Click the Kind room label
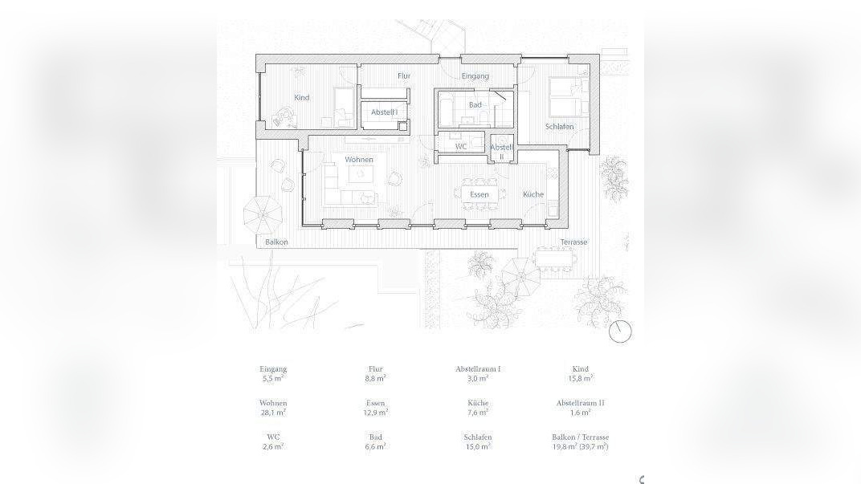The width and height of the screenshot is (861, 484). (x=301, y=98)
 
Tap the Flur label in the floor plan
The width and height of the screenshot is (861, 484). (x=404, y=75)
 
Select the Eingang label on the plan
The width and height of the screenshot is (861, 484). (x=475, y=76)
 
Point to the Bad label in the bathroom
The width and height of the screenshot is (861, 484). (x=475, y=104)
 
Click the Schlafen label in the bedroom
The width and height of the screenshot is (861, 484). (x=560, y=127)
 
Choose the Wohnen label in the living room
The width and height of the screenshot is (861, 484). (x=358, y=160)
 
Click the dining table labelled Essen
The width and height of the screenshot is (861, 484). (x=479, y=194)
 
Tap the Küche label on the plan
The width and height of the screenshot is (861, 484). (x=533, y=194)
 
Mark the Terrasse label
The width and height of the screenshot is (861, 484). (x=573, y=242)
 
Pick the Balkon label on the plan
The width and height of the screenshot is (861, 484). (x=276, y=242)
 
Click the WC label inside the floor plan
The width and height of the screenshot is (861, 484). (x=461, y=147)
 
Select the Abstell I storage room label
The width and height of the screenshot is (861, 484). (x=385, y=112)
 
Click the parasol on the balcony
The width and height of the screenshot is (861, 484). (x=263, y=214)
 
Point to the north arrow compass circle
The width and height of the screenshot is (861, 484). (x=621, y=331)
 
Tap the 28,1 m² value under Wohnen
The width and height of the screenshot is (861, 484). (x=273, y=412)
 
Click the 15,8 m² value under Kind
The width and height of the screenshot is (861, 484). (x=581, y=378)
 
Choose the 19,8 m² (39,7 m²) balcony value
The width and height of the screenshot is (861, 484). (x=581, y=447)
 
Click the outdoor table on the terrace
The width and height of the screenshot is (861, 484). (x=554, y=258)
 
